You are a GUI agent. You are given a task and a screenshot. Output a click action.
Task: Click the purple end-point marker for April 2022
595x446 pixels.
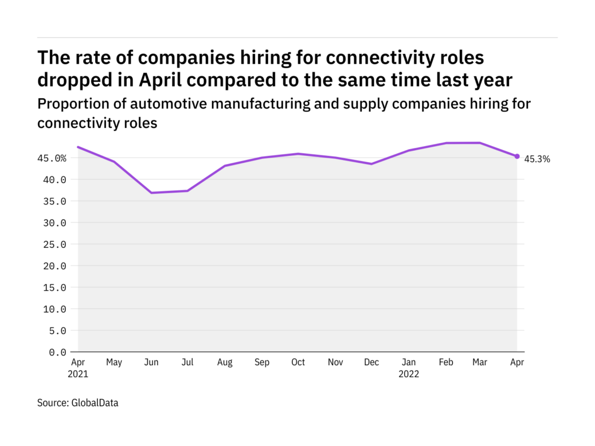tap(517, 156)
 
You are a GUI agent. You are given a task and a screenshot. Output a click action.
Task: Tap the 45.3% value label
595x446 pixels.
tap(537, 159)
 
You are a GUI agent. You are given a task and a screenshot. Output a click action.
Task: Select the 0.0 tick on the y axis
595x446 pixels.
tap(57, 352)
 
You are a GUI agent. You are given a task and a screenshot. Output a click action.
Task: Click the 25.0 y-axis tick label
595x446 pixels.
tap(55, 244)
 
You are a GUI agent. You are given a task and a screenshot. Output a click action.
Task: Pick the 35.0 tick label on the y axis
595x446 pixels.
tap(55, 201)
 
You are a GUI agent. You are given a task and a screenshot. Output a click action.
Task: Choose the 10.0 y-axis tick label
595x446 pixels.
tap(55, 309)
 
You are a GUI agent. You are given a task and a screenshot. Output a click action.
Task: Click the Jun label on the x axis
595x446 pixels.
tap(151, 362)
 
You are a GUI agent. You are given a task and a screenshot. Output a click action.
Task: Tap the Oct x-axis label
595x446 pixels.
tap(297, 362)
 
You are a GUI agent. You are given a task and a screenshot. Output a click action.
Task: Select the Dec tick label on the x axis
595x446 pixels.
tap(371, 362)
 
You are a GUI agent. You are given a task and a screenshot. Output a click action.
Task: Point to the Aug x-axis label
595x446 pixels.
tap(225, 362)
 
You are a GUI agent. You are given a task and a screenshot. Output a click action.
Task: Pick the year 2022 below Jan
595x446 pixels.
tap(408, 374)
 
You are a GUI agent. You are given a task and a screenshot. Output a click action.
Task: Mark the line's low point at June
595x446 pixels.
tap(151, 193)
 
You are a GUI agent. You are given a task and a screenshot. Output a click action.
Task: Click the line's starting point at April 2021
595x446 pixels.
tap(78, 147)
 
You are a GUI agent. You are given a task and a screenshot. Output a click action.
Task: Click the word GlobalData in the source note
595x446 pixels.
tap(95, 403)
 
